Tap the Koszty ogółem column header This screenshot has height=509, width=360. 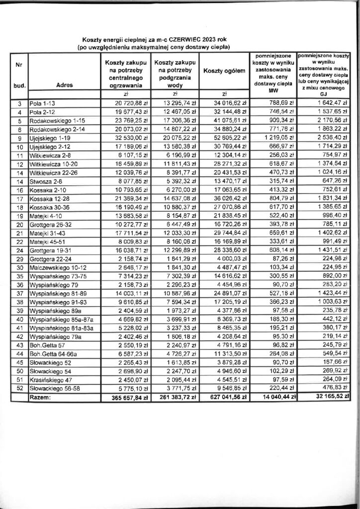(x=225, y=71)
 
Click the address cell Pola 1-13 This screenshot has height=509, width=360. (x=42, y=103)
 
